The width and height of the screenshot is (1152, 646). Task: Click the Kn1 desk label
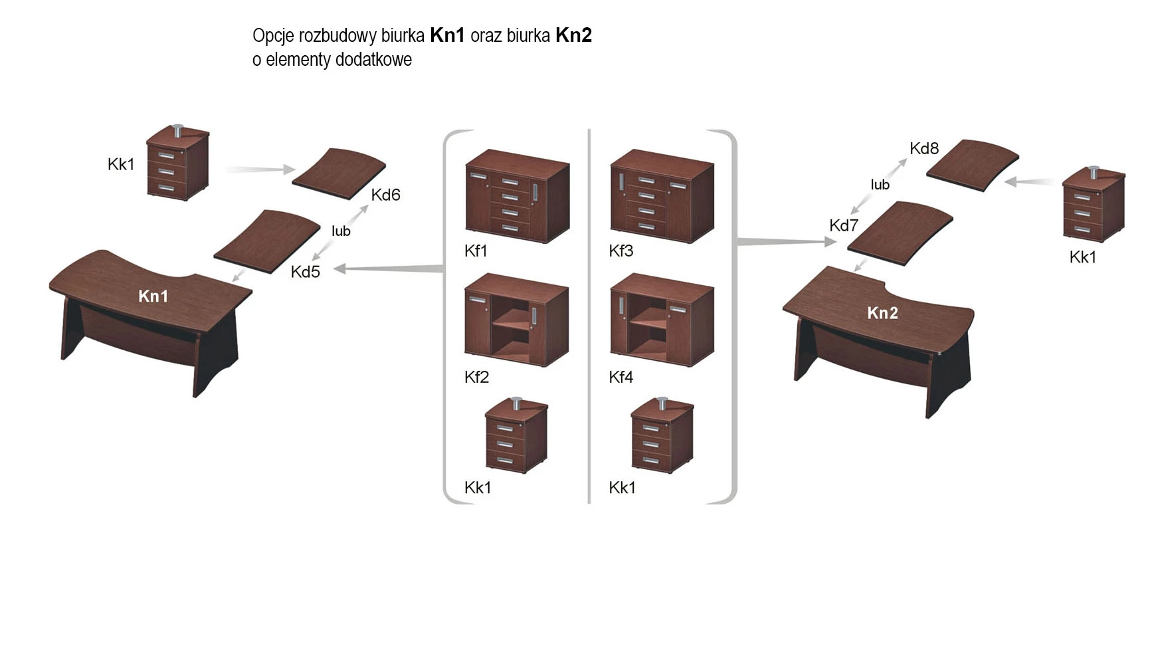click(x=153, y=296)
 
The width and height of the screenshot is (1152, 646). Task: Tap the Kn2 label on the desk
click(x=882, y=313)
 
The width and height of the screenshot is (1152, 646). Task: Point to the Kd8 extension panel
click(x=973, y=165)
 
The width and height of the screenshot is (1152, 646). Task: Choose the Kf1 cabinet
click(x=517, y=197)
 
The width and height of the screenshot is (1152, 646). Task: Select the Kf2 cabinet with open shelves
click(x=516, y=320)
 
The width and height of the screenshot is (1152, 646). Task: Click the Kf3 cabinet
click(x=662, y=197)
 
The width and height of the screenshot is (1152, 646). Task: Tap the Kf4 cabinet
click(x=662, y=320)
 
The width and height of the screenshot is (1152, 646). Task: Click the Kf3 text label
click(x=621, y=251)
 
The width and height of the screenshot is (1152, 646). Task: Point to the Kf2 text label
click(x=476, y=377)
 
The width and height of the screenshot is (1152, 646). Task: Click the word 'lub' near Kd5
click(x=341, y=231)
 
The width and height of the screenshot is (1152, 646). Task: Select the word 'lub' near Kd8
click(x=880, y=185)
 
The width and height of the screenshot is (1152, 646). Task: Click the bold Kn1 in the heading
click(x=447, y=35)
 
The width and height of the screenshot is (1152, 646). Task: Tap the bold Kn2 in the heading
click(x=573, y=35)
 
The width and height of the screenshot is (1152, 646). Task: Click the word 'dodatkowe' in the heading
click(x=373, y=60)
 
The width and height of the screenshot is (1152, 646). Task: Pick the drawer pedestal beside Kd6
click(x=177, y=163)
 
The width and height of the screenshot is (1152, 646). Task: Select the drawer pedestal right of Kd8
click(x=1093, y=205)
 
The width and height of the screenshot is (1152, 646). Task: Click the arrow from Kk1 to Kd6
click(x=259, y=169)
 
